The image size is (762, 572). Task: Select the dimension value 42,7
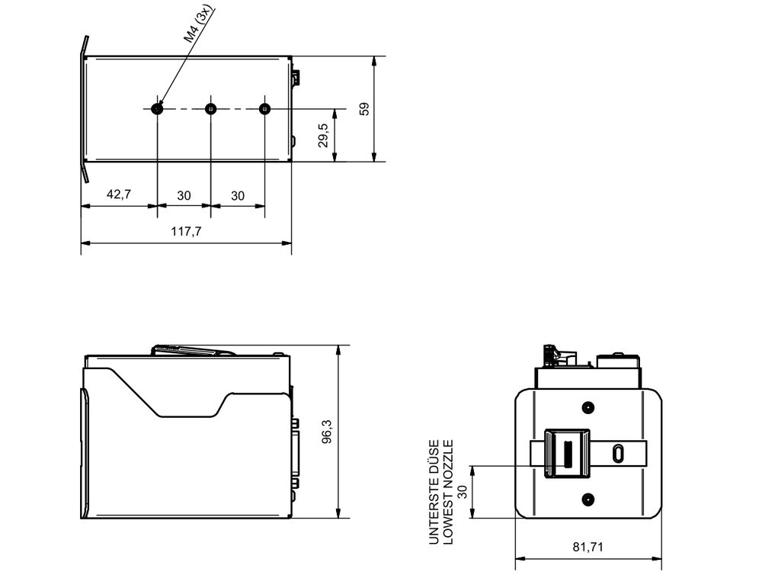point(118,194)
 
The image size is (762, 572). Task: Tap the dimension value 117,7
point(187,232)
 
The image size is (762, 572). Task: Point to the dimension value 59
point(364,108)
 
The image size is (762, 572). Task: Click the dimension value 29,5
point(324,135)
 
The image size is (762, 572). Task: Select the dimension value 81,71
point(588,547)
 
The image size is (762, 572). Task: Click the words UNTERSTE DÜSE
point(434,492)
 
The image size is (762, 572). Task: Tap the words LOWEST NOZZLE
point(448,492)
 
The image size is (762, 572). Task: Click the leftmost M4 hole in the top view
point(157,109)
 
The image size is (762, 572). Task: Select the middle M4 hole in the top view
point(211,109)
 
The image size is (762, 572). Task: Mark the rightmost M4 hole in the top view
point(264,109)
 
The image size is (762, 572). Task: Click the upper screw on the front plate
point(588,407)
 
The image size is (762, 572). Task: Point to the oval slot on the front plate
point(618,453)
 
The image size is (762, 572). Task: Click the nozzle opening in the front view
point(566,455)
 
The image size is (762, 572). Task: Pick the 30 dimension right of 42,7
point(184,195)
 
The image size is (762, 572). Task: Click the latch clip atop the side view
point(193,350)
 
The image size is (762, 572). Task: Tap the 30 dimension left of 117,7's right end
point(238,195)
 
